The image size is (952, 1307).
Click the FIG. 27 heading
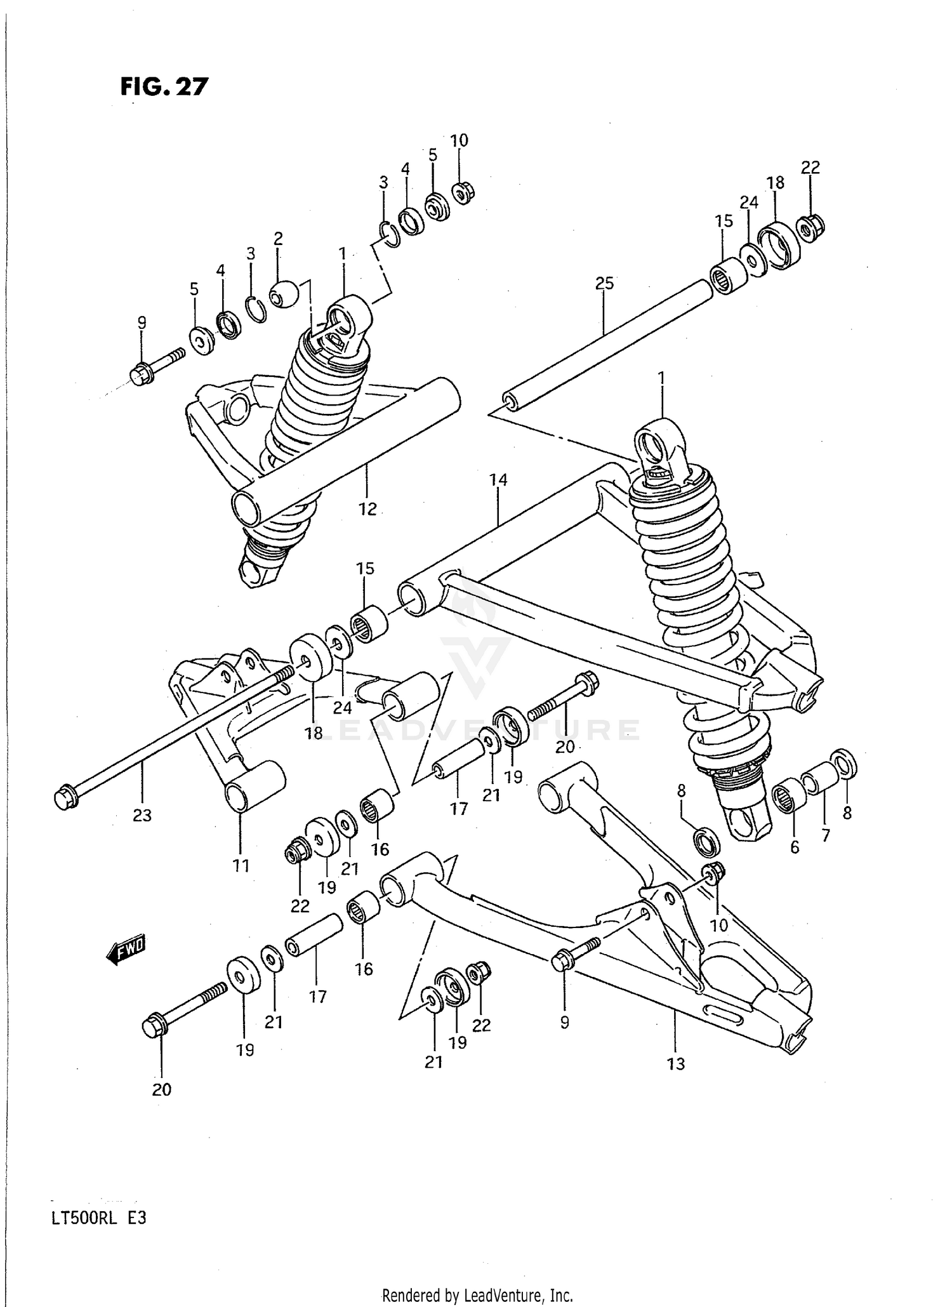pos(164,86)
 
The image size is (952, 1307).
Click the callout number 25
pos(604,283)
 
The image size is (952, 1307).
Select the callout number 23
pos(142,814)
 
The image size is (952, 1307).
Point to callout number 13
pos(676,1063)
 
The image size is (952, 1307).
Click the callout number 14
pos(498,480)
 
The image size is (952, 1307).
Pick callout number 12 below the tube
pos(367,508)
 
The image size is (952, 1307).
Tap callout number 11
pos(241,865)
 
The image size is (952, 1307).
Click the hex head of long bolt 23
pos(65,797)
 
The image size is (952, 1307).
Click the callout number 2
pos(278,238)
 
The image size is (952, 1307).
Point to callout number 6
pos(795,847)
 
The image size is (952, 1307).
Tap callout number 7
pos(825,835)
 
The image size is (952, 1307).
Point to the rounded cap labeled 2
pos(283,293)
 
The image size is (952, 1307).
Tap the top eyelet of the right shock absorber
pos(659,444)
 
